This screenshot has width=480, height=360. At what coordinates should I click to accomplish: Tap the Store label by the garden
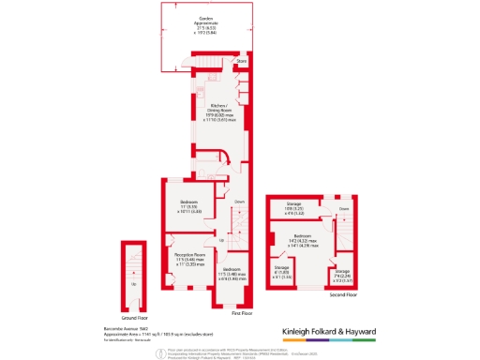[x=240, y=64]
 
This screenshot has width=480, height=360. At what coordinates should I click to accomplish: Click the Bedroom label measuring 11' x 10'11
[x=190, y=201]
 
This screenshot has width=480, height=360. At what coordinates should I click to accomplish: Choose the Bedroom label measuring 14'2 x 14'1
[x=302, y=236]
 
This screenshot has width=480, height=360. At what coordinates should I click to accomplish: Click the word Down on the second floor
[x=344, y=209]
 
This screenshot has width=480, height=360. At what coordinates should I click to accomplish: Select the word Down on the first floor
[x=240, y=202]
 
